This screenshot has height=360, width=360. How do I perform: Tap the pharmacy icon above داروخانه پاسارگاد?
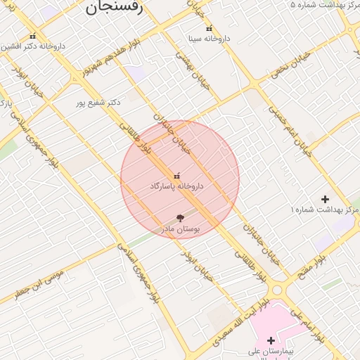pyautogui.click(x=176, y=175)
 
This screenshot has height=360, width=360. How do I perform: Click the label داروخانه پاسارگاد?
pyautogui.click(x=176, y=186)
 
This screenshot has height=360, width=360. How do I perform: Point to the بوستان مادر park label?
pyautogui.click(x=182, y=229)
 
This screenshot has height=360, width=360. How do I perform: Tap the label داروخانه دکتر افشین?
pyautogui.click(x=32, y=46)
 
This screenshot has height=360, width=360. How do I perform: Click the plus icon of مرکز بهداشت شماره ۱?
pyautogui.click(x=325, y=200)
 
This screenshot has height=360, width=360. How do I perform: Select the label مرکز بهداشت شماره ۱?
pyautogui.click(x=324, y=210)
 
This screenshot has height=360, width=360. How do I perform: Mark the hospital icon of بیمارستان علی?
pyautogui.click(x=271, y=340)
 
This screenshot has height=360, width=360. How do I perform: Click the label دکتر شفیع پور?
pyautogui.click(x=98, y=103)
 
